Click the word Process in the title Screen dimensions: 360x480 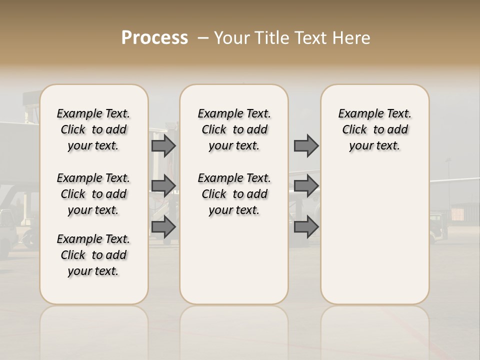(154, 38)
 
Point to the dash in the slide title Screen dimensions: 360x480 (203, 38)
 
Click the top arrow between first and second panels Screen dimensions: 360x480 (163, 145)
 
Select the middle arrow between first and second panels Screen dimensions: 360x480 (163, 185)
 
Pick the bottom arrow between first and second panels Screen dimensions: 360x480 (163, 227)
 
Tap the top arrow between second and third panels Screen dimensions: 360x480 (306, 145)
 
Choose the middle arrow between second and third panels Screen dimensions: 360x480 (306, 185)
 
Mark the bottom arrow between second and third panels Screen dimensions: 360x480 (306, 227)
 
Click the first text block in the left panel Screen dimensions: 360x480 (93, 129)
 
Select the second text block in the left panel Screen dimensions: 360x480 (93, 194)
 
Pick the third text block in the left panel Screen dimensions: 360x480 (93, 255)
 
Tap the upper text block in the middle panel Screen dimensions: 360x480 (234, 129)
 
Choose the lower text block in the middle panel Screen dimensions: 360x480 (234, 194)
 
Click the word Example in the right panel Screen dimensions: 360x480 (357, 113)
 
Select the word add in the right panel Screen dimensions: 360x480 (397, 129)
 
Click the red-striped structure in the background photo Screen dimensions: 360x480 (457, 214)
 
